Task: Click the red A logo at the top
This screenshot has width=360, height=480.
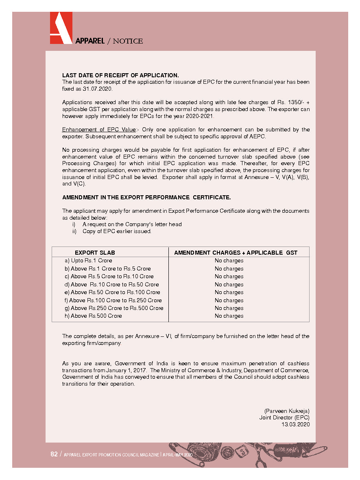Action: (61, 28)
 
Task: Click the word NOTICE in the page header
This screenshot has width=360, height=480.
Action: (128, 41)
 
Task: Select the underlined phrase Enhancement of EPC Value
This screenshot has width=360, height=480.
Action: (99, 130)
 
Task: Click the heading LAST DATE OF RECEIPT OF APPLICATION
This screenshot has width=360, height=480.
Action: (120, 75)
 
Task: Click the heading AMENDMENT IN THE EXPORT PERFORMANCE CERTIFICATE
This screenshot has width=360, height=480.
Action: (146, 197)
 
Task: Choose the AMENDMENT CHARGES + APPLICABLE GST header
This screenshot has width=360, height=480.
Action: (236, 253)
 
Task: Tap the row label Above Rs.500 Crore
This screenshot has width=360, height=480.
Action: (96, 316)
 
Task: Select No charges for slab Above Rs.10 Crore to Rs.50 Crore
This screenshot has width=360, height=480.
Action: (229, 284)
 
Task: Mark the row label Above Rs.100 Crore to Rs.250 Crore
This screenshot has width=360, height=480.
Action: (116, 300)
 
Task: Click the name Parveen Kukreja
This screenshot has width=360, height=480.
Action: (287, 411)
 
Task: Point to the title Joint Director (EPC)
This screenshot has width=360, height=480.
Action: (284, 417)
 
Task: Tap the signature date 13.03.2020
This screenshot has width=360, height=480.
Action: (296, 424)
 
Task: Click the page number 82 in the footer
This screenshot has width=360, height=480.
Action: (54, 454)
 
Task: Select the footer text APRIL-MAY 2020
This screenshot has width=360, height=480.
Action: (178, 455)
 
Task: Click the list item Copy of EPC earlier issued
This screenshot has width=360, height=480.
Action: (117, 231)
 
